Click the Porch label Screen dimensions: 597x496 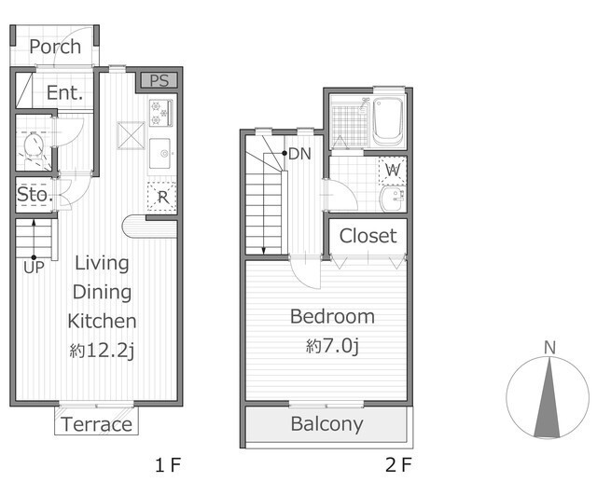(55, 47)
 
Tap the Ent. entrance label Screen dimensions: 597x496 (64, 92)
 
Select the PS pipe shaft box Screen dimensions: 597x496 (160, 80)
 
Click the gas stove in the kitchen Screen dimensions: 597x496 (161, 113)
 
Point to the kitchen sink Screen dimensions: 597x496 (160, 153)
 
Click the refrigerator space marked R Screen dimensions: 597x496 (162, 197)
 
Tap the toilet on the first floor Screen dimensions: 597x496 (34, 145)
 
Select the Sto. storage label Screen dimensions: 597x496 (35, 195)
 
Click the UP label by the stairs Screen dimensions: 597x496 (34, 268)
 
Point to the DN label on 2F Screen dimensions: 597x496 (300, 154)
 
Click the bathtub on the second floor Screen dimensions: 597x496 (388, 121)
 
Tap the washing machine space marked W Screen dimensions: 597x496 (393, 171)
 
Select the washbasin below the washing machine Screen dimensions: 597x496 (392, 199)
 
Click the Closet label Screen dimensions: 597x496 (368, 236)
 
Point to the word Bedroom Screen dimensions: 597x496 (332, 316)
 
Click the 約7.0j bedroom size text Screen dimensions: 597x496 (332, 346)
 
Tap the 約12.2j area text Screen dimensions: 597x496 (102, 351)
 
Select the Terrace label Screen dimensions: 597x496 (96, 424)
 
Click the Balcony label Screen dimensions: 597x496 (327, 424)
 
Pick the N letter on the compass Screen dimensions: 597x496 (549, 348)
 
